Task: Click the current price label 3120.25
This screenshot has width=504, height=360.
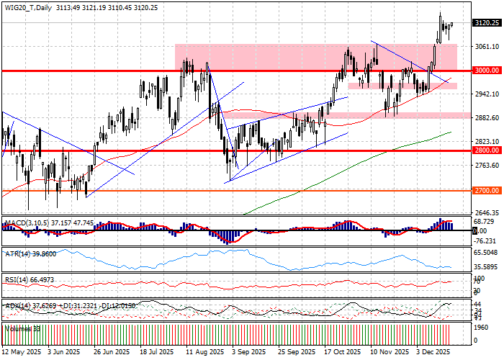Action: pos(487,23)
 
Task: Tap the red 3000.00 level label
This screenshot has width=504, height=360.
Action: pos(487,71)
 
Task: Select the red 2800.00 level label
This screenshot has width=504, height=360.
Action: pos(487,151)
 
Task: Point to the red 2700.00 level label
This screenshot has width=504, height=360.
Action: pos(487,191)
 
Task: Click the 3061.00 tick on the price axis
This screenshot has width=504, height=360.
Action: pos(487,46)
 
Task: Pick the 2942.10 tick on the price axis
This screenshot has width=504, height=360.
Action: pos(487,94)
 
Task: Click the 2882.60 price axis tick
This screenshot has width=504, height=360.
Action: pos(487,118)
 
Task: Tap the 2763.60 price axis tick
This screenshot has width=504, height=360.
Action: pos(487,166)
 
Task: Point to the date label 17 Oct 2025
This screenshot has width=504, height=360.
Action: pos(341,353)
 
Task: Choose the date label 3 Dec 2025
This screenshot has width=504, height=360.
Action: pos(432,353)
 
